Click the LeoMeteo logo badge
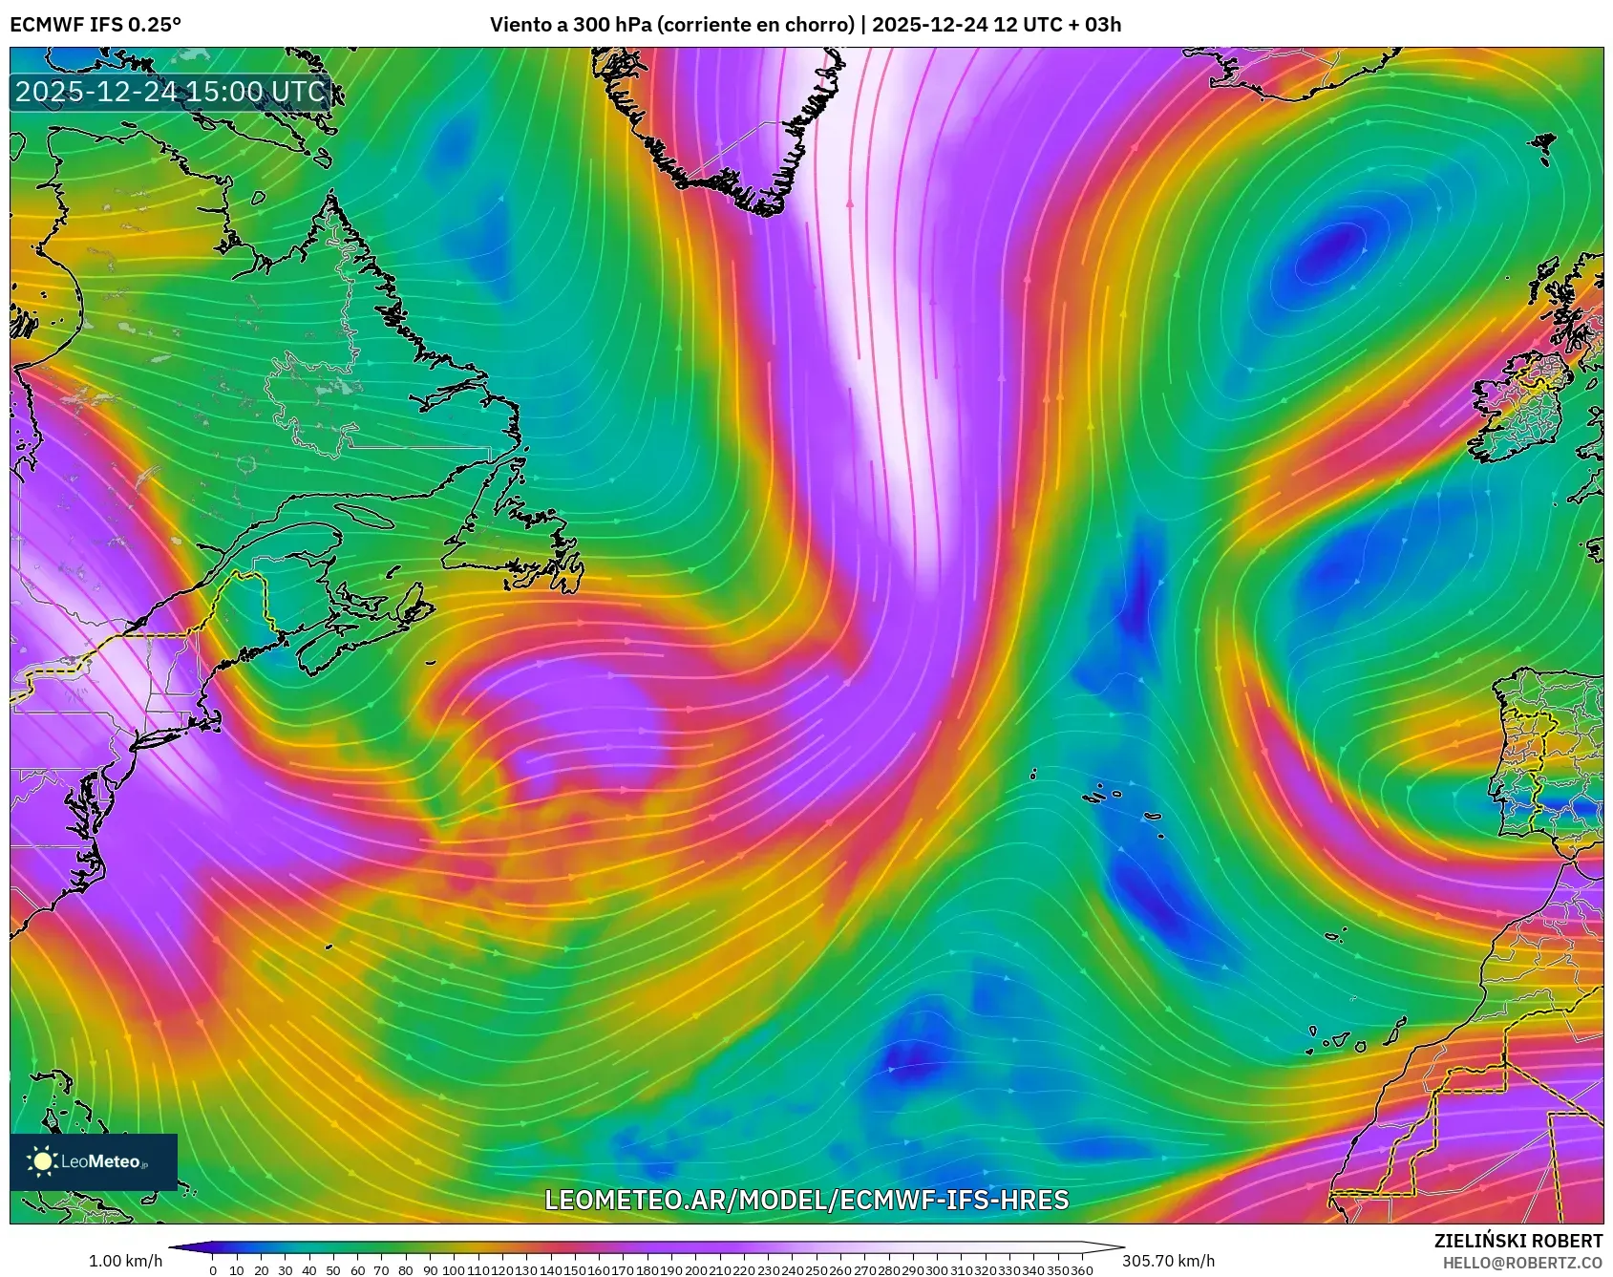pyautogui.click(x=94, y=1161)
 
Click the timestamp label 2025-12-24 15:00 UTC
pyautogui.click(x=170, y=92)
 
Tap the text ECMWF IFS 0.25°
pyautogui.click(x=96, y=25)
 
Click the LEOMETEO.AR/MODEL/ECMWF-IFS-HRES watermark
pyautogui.click(x=806, y=1201)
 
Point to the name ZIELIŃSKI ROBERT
pyautogui.click(x=1517, y=1241)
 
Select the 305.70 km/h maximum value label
pyautogui.click(x=1168, y=1261)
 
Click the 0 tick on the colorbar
pyautogui.click(x=213, y=1270)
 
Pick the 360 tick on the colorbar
pyautogui.click(x=1082, y=1270)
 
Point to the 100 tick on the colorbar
pyautogui.click(x=454, y=1270)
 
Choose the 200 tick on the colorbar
pyautogui.click(x=696, y=1270)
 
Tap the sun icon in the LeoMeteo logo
pyautogui.click(x=42, y=1161)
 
